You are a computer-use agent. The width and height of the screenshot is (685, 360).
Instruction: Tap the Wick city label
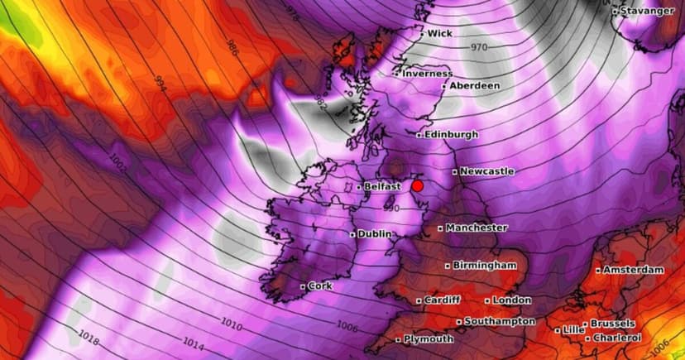439,34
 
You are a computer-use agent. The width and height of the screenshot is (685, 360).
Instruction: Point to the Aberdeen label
475,85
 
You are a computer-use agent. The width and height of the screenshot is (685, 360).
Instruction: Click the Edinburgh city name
451,134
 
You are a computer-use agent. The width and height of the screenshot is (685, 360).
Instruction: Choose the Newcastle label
486,171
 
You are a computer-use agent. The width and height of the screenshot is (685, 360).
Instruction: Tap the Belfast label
382,187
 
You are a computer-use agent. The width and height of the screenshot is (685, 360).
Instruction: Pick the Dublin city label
375,234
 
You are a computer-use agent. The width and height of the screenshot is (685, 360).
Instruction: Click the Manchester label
477,228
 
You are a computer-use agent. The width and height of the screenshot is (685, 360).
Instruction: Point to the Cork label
319,286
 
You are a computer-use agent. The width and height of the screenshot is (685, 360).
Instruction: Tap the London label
513,300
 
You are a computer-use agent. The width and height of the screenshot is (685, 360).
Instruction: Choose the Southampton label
500,321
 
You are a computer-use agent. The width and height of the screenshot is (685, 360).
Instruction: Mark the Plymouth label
429,339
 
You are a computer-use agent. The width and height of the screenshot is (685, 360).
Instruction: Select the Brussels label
612,324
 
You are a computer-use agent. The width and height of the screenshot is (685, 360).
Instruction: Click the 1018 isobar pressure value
89,336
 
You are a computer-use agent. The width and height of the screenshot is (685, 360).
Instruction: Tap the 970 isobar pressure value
480,48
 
